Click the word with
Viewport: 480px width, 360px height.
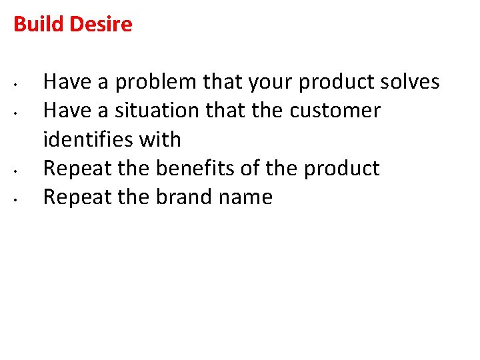pyautogui.click(x=160, y=139)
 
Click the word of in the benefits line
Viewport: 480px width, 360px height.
pyautogui.click(x=249, y=168)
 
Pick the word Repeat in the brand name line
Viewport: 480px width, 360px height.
pyautogui.click(x=77, y=197)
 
